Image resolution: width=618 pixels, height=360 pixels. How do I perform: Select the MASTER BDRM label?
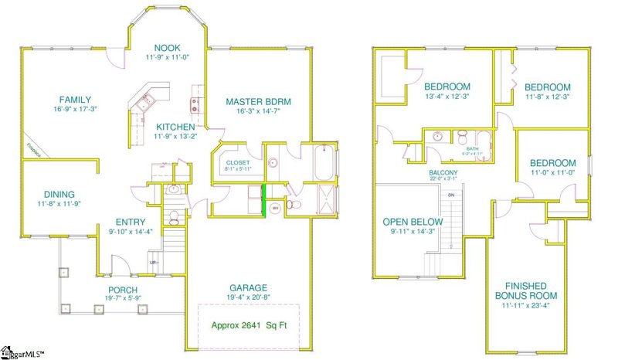258,101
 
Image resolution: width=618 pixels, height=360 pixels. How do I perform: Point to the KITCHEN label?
175,127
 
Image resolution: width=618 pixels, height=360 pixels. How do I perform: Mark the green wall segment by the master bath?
264,199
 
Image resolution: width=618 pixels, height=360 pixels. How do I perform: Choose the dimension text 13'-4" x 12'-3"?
447,96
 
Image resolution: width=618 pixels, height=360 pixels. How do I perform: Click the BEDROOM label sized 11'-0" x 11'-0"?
552,163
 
